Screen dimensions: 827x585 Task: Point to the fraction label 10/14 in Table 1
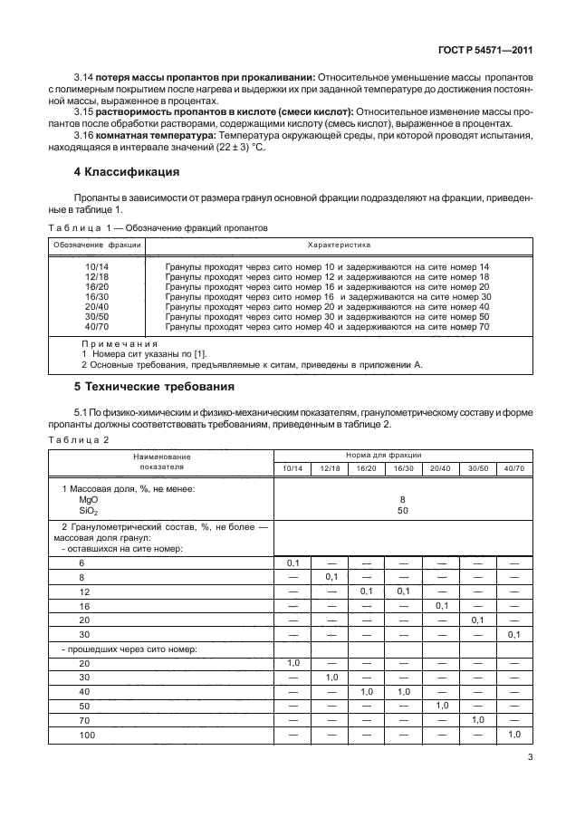96,266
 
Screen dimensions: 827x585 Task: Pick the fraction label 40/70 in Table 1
96,327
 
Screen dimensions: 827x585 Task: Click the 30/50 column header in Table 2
476,467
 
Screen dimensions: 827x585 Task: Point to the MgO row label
89,499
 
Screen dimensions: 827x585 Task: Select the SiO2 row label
89,510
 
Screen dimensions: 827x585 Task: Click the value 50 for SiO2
402,510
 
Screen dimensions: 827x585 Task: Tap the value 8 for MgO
402,499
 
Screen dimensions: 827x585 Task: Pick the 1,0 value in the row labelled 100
514,733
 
